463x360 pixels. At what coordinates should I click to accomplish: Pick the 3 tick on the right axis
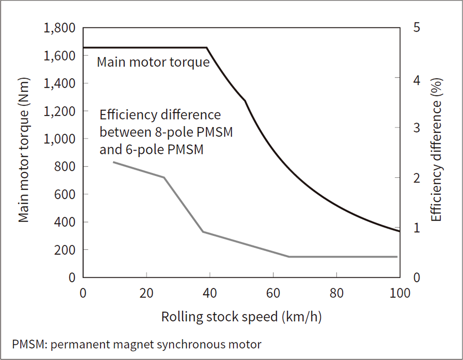[x=416, y=128]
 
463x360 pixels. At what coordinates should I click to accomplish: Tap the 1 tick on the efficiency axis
[x=416, y=227]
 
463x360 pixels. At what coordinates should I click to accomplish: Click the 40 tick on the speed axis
[x=210, y=294]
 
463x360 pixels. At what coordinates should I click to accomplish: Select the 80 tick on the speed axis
[x=336, y=294]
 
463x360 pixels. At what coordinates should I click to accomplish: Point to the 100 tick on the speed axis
[x=399, y=294]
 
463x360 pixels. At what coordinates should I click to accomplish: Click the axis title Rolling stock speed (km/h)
[x=241, y=317]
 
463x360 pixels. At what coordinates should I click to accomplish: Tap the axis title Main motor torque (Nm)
[x=24, y=152]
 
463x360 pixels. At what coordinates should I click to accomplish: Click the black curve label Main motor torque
[x=153, y=62]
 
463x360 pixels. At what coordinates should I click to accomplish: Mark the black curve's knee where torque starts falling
[x=207, y=48]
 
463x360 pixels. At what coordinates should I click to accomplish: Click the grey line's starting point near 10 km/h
[x=114, y=162]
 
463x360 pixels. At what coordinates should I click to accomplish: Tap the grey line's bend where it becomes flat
[x=289, y=256]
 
